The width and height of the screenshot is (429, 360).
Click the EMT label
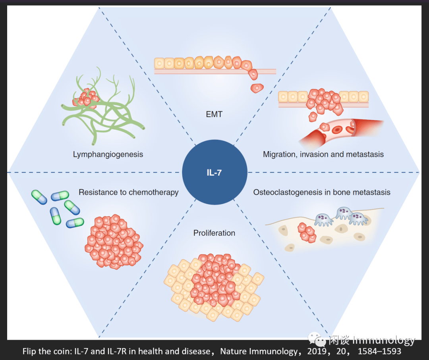click(x=214, y=115)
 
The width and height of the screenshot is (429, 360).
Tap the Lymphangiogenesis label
click(x=108, y=154)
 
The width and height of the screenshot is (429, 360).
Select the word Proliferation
click(x=214, y=233)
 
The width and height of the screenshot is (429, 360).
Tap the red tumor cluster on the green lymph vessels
click(x=85, y=98)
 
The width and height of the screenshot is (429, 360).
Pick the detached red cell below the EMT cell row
click(x=257, y=88)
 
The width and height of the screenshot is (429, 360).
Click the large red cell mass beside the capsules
click(x=113, y=242)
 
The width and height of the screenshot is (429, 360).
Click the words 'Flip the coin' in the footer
click(x=43, y=352)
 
